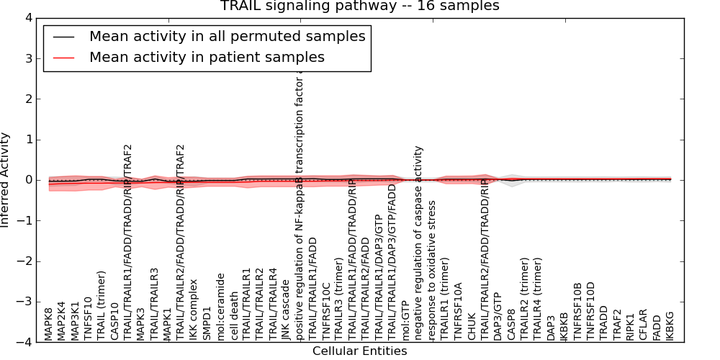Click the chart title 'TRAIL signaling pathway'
click(x=359, y=6)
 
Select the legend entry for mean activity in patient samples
click(x=207, y=57)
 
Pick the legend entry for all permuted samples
click(x=227, y=36)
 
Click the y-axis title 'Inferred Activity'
click(x=6, y=180)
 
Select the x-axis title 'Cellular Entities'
click(x=359, y=351)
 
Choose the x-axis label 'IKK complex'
click(x=194, y=315)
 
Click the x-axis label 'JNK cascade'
click(x=286, y=314)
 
